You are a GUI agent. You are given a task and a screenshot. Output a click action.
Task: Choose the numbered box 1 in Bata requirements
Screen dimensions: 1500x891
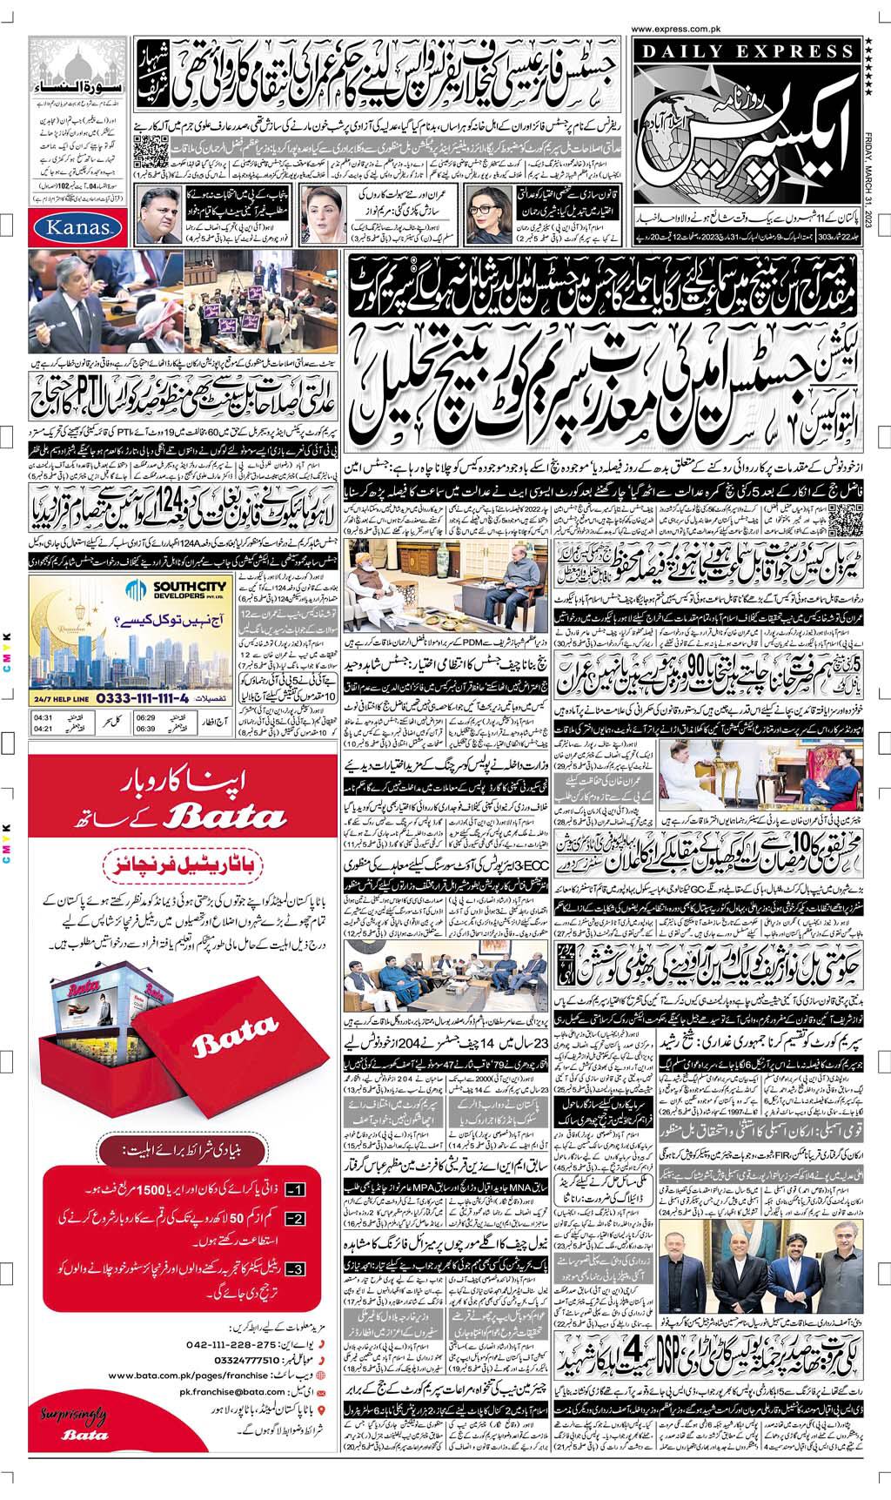coord(296,1188)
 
